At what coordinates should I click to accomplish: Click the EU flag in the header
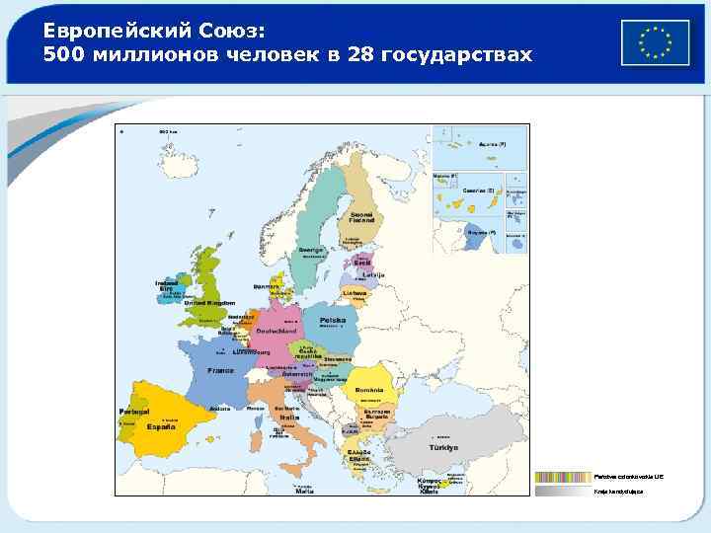[655, 42]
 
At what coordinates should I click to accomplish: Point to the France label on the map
[220, 370]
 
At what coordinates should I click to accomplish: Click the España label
[162, 427]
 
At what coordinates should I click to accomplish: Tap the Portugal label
[133, 411]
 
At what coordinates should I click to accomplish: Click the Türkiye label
[442, 446]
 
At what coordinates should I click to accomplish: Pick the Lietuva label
[355, 292]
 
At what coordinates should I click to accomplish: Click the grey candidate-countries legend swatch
[563, 490]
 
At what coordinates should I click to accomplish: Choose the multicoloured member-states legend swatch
[563, 476]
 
